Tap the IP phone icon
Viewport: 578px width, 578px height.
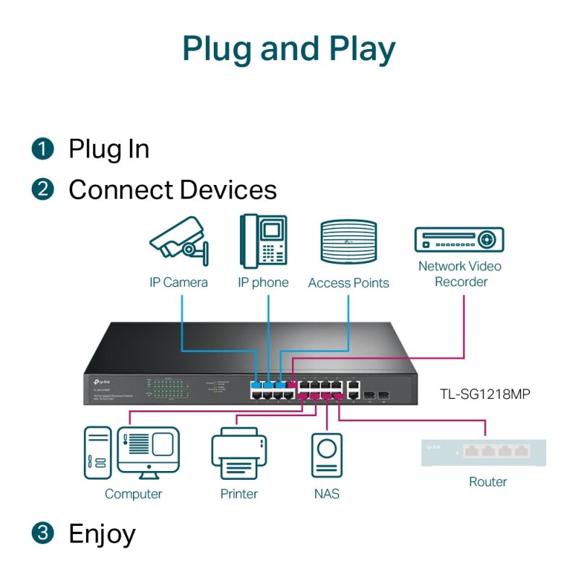tap(263, 241)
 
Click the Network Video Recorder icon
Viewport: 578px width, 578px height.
tap(459, 238)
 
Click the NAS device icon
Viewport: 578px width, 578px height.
tap(327, 454)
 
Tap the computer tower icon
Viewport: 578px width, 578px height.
tap(98, 452)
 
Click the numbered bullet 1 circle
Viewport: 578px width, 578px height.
tap(43, 150)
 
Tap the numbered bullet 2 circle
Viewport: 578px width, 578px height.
tap(43, 190)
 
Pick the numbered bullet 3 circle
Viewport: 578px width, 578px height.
tap(43, 534)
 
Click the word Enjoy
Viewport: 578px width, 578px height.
tap(102, 534)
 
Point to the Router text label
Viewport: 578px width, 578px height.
tap(488, 482)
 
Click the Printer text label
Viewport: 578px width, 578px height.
tap(239, 494)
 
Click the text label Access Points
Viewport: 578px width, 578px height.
tap(348, 283)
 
